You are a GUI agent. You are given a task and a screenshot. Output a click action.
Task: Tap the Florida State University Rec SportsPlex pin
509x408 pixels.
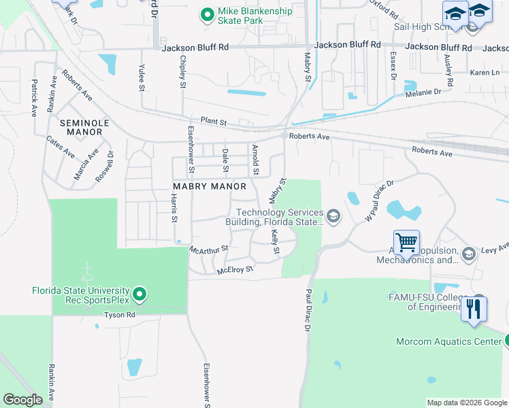coord(139,294)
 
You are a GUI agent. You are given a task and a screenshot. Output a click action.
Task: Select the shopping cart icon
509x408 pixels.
coord(406,241)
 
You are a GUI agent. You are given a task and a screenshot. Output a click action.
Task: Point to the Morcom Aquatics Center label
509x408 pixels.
coord(449,341)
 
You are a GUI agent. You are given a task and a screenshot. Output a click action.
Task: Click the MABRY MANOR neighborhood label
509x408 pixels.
coord(209,186)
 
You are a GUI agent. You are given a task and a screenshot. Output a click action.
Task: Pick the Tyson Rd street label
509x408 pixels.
coord(120,315)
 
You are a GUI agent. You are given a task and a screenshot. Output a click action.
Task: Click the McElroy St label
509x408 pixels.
coord(235,270)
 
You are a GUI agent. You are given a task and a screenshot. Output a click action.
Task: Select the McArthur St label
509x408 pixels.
coord(209,249)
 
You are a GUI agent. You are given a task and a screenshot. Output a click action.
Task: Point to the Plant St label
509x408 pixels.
coord(213,120)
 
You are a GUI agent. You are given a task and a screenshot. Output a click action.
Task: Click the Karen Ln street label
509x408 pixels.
coord(485,72)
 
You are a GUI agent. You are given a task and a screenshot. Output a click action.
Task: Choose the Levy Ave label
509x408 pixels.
coord(495,250)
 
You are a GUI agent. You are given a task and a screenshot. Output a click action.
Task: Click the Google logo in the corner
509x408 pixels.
coord(23,399)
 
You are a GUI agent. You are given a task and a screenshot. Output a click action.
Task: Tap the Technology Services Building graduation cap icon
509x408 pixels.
coord(333,217)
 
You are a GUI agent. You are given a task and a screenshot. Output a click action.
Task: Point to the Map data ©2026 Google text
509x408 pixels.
coord(467,403)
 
